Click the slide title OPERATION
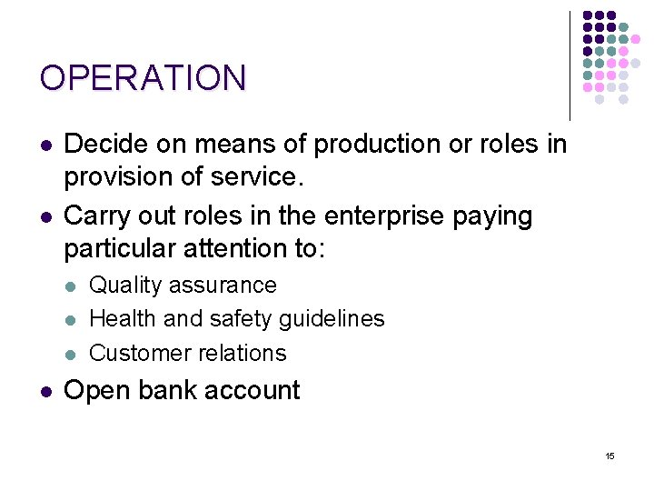pyautogui.click(x=143, y=78)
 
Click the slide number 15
pyautogui.click(x=609, y=455)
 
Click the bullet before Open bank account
pyautogui.click(x=45, y=391)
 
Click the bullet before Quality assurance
pyautogui.click(x=71, y=286)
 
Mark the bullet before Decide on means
pyautogui.click(x=45, y=145)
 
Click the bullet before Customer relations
pyautogui.click(x=71, y=354)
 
